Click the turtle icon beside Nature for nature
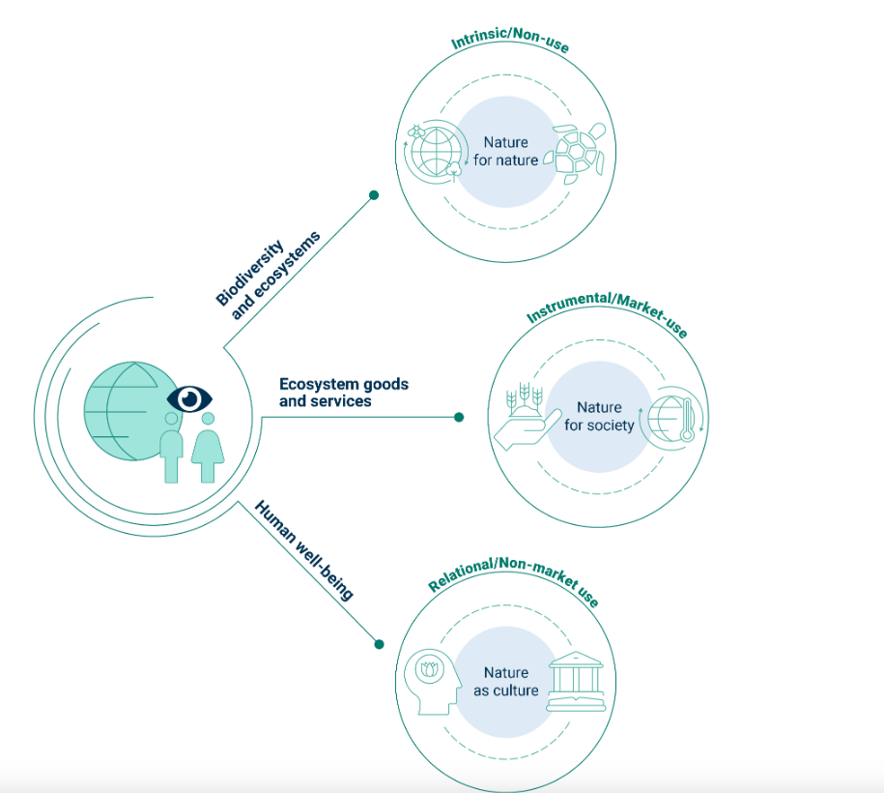pos(579,152)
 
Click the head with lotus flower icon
pos(432,680)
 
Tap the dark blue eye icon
pos(189,397)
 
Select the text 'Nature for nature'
pos(506,152)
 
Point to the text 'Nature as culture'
pos(506,681)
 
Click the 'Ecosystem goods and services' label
pos(343,392)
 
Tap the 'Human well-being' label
pos(303,550)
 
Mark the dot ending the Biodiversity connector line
pos(374,195)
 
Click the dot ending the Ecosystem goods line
pos(459,418)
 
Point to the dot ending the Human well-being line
pos(379,643)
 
